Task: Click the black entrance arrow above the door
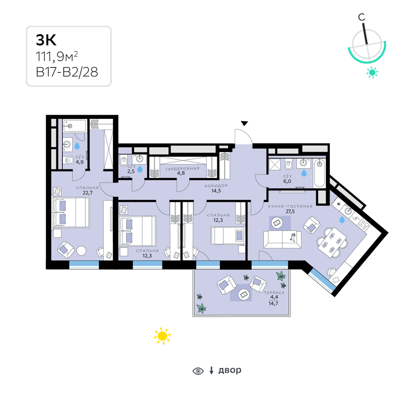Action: point(244,123)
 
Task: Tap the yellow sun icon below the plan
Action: point(162,336)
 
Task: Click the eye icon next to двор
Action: point(198,371)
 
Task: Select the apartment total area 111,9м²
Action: point(57,56)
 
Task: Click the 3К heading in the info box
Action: point(46,40)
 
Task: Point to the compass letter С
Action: point(362,17)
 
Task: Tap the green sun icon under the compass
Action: point(372,72)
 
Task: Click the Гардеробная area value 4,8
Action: point(181,173)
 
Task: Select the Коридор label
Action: point(216,186)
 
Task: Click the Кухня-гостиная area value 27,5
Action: point(290,211)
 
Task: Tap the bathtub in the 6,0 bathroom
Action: point(319,173)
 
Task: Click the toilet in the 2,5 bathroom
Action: point(124,160)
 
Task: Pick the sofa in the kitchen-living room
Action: point(283,240)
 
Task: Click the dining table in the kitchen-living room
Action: point(332,242)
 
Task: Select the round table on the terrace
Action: point(244,294)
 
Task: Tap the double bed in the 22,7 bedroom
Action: point(71,212)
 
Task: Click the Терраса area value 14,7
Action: point(273,303)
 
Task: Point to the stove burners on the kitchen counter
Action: point(364,224)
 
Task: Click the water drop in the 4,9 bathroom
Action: point(77,146)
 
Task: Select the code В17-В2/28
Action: point(67,72)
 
